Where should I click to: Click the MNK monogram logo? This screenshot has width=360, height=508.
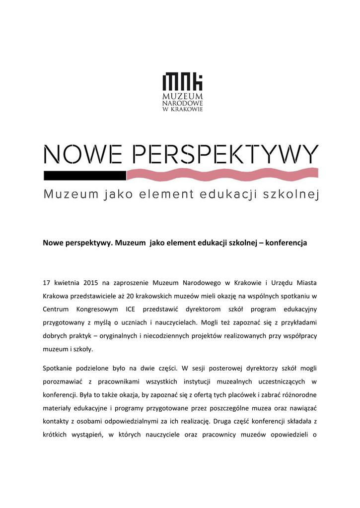pos(183,81)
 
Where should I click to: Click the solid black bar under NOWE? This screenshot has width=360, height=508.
pos(84,175)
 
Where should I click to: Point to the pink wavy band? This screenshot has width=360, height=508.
pos(222,175)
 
